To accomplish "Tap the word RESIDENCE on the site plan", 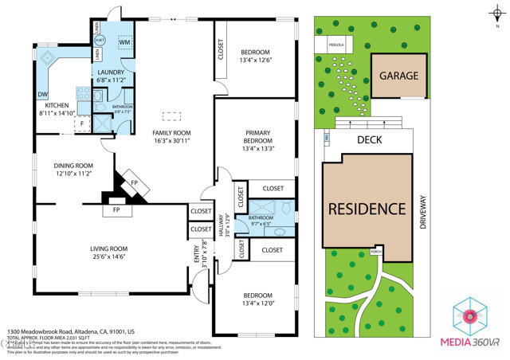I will [368, 209].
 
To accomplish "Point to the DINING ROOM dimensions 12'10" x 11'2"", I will [73, 173].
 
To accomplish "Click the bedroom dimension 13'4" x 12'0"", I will [259, 303].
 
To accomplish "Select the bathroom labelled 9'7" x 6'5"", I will [267, 223].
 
